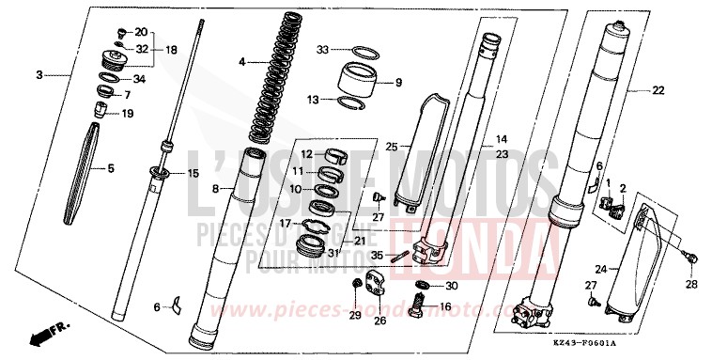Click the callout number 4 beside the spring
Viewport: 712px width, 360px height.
click(241, 62)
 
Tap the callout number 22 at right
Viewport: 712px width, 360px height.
click(658, 90)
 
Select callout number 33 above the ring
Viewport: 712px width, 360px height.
click(323, 49)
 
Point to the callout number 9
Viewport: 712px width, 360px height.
click(398, 83)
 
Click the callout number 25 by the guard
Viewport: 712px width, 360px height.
click(392, 146)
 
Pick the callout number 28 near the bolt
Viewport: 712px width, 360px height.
click(692, 284)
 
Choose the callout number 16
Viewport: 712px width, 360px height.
click(445, 306)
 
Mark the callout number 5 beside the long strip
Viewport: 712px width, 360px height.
click(110, 169)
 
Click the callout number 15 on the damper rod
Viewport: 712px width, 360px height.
click(193, 173)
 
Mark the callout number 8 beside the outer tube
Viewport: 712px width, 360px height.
click(215, 189)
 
